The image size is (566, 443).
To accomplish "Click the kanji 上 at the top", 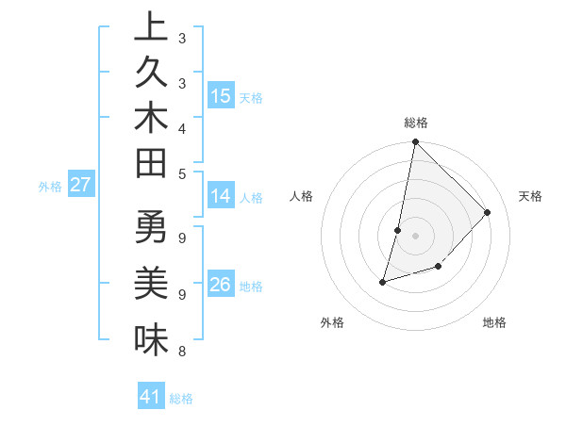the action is pyautogui.click(x=151, y=29).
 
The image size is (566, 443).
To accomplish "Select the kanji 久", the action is pyautogui.click(x=151, y=74).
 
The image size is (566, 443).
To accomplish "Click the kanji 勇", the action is pyautogui.click(x=151, y=229).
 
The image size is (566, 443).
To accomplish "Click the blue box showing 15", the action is pyautogui.click(x=220, y=95).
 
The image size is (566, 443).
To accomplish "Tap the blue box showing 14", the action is pyautogui.click(x=220, y=196).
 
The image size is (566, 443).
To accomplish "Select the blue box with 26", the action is pyautogui.click(x=220, y=285).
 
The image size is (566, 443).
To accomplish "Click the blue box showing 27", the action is pyautogui.click(x=80, y=185).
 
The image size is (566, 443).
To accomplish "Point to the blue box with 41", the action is pyautogui.click(x=151, y=397).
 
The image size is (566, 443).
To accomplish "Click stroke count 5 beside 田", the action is pyautogui.click(x=181, y=173).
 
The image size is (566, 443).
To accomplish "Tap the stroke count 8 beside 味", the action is pyautogui.click(x=181, y=353).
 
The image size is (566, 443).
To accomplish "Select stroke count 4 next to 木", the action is pyautogui.click(x=181, y=128).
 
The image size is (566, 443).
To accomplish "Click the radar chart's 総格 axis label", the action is pyautogui.click(x=415, y=123).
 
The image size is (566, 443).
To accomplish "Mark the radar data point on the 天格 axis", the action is pyautogui.click(x=487, y=212).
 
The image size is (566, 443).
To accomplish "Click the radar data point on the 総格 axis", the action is pyautogui.click(x=415, y=142).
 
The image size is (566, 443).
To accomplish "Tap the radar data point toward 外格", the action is pyautogui.click(x=383, y=281).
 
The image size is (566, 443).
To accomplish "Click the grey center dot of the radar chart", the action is pyautogui.click(x=415, y=236).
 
